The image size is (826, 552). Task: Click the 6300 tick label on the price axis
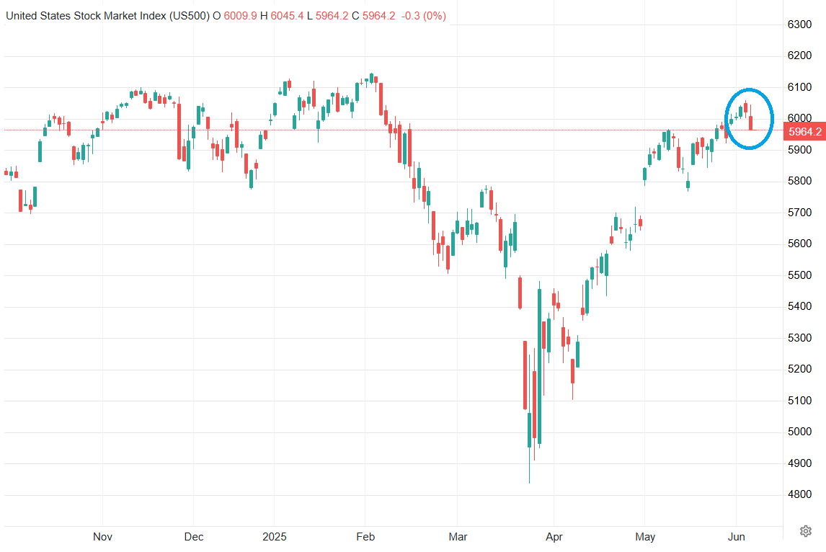(800, 25)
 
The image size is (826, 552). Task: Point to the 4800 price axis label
(800, 494)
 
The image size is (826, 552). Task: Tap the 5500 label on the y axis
(800, 275)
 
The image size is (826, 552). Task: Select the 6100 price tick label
(800, 87)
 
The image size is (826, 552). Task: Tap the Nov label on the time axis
(103, 537)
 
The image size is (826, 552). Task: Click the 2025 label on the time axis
(274, 537)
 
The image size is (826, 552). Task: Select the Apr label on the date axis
(554, 537)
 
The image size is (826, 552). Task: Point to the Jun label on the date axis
(737, 537)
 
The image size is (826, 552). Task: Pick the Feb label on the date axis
(365, 537)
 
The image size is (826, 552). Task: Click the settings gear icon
(805, 531)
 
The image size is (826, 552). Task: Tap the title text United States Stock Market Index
(86, 15)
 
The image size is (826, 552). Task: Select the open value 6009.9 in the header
(239, 15)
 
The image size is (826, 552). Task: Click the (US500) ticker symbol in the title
(189, 15)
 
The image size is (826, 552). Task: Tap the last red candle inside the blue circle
(752, 122)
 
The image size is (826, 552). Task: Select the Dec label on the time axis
(194, 537)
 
